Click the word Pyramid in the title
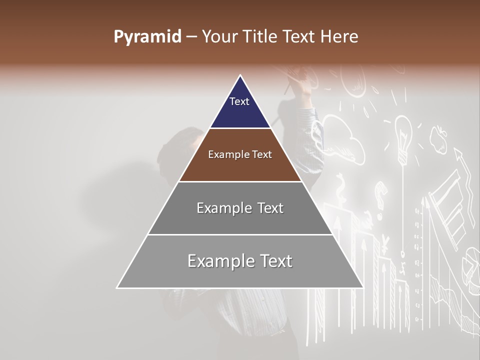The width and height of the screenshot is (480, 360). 147,36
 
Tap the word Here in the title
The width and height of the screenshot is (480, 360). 339,36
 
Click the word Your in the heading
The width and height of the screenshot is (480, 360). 218,36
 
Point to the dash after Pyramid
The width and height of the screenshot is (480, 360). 191,37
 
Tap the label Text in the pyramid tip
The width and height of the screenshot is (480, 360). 239,101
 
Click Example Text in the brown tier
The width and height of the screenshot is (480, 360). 240,154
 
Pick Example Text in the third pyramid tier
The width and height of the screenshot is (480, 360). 240,208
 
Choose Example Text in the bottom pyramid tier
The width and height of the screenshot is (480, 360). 240,261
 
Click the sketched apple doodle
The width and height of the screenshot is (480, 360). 438,139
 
